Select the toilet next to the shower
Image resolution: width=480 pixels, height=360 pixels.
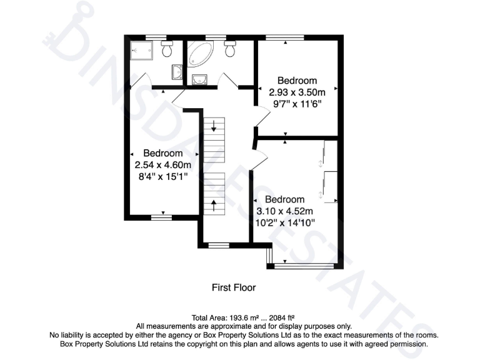click(x=167, y=49)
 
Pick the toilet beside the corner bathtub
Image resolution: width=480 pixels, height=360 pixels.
click(x=229, y=49)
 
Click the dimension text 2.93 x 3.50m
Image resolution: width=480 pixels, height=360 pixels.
click(x=297, y=92)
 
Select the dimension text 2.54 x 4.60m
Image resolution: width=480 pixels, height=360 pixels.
click(x=163, y=165)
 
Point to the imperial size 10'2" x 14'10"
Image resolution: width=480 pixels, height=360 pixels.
click(x=286, y=222)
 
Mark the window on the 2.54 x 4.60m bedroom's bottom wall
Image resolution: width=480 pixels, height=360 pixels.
click(x=162, y=217)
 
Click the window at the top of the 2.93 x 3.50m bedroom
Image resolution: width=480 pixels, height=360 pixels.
click(x=285, y=38)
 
